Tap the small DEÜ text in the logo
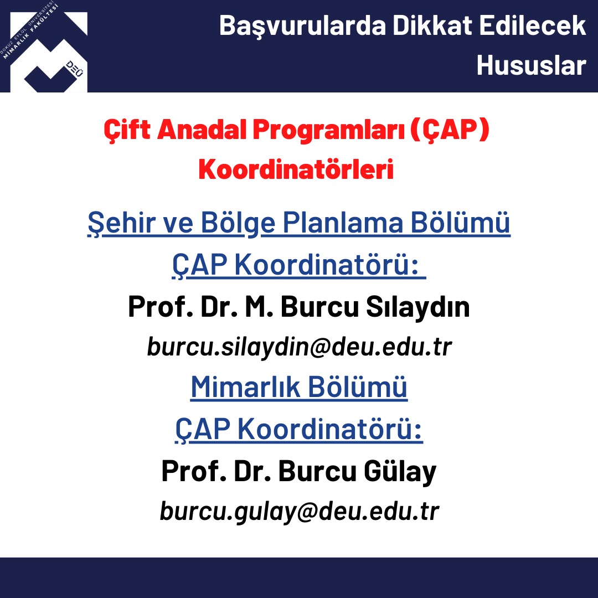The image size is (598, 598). (74, 69)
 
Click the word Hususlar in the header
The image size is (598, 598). (531, 65)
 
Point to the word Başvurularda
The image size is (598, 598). (303, 27)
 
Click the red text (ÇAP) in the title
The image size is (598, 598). (450, 130)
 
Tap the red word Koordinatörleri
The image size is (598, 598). (296, 169)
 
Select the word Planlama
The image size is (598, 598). (343, 223)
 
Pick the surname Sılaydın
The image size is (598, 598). (417, 307)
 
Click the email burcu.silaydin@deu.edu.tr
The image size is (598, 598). (300, 347)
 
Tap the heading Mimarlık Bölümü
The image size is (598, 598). (299, 387)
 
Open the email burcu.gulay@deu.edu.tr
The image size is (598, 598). (300, 512)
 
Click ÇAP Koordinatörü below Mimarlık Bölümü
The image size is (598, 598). (299, 430)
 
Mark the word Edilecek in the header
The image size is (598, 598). (533, 25)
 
